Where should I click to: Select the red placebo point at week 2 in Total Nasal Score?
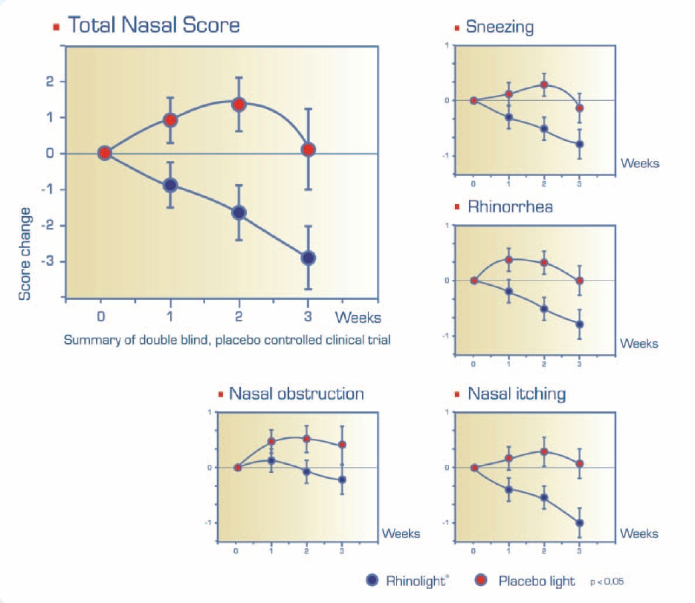point(239,105)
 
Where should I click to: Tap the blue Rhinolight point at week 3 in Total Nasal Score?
point(308,258)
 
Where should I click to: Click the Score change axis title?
point(25,253)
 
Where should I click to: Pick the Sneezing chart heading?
point(500,27)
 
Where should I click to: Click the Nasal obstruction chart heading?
point(296,394)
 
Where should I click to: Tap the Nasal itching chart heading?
point(516,394)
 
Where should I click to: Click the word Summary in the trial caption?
point(88,341)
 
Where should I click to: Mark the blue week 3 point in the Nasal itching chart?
point(580,523)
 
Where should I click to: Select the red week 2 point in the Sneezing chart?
point(544,85)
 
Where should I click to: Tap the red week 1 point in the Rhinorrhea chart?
point(508,260)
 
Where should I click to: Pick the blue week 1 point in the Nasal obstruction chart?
point(271,461)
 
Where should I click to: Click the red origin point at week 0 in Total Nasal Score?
point(105,153)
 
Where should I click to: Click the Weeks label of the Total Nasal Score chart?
point(358,318)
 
